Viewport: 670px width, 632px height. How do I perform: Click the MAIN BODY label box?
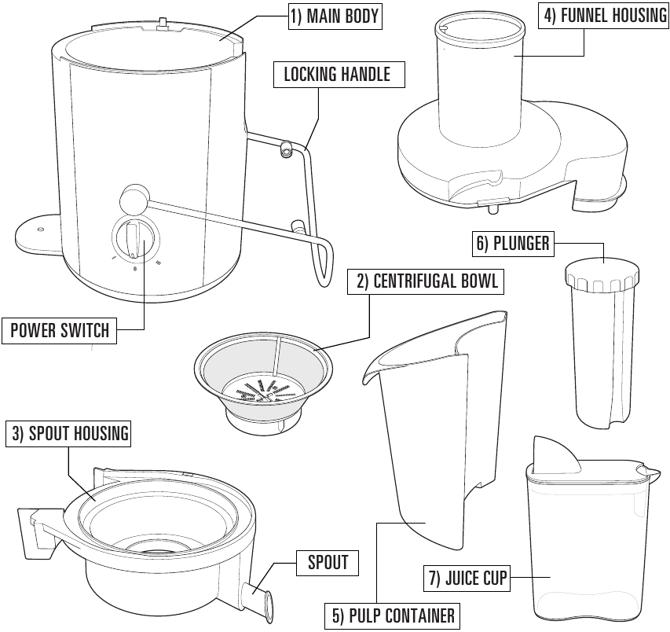[335, 17]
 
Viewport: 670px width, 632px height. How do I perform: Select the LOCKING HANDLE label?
[337, 75]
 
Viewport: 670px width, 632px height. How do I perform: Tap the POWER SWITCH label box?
[60, 330]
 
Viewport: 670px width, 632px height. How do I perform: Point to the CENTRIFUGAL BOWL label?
[427, 281]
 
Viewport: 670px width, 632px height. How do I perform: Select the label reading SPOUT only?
[328, 562]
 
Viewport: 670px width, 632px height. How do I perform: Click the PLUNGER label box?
[512, 243]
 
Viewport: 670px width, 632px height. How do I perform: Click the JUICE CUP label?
[468, 580]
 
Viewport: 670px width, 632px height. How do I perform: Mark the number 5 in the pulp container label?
[337, 615]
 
